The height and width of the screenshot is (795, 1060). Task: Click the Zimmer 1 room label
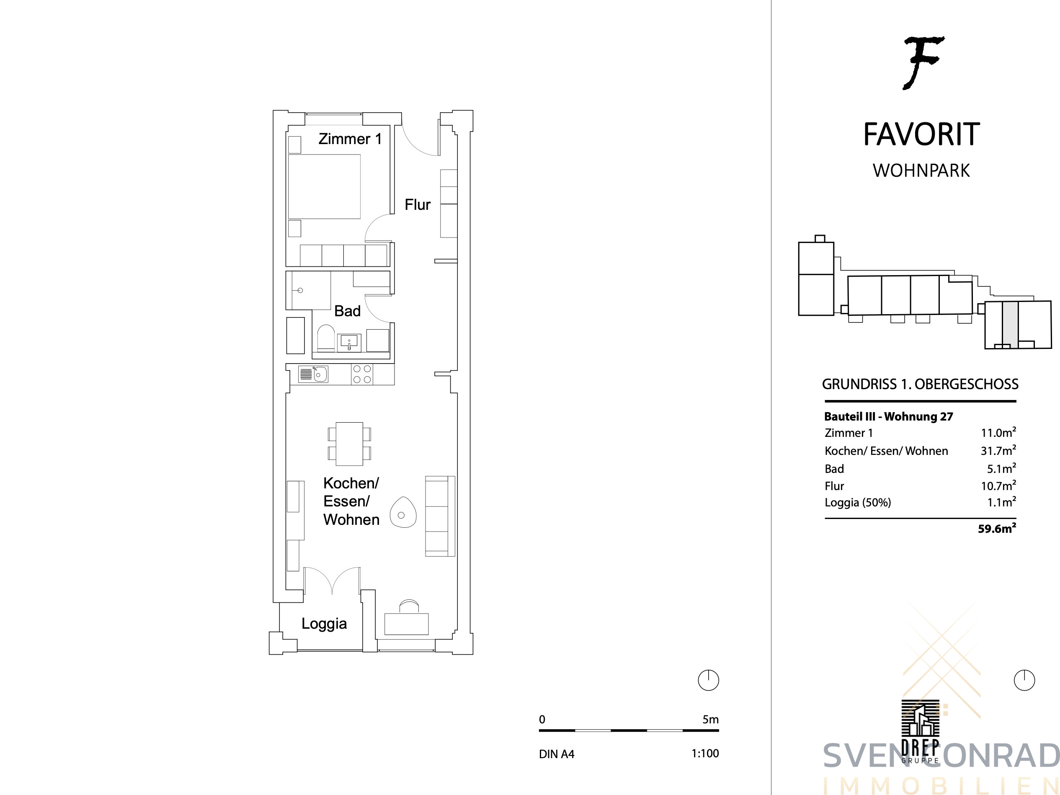coord(350,139)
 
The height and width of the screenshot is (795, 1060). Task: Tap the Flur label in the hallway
coord(418,205)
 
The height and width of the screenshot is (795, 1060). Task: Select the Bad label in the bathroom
coord(348,311)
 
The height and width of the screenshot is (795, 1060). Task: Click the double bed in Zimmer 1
coord(324,186)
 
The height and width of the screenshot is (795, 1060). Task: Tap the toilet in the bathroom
coord(326,338)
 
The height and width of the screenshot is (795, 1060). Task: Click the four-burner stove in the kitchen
coord(362,374)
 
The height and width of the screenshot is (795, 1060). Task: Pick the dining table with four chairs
coord(349,444)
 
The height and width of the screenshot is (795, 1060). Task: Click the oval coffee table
coord(403,512)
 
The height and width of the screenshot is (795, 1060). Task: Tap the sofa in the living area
coord(440,516)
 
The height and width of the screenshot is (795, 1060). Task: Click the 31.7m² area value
coord(998,450)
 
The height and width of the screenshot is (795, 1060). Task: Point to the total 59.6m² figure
coord(997,529)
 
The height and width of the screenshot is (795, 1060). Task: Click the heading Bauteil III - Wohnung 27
coord(888,416)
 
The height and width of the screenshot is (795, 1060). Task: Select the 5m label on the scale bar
coord(711,719)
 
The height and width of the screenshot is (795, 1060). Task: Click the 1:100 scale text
coord(705,753)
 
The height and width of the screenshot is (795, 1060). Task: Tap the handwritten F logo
coord(923,63)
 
